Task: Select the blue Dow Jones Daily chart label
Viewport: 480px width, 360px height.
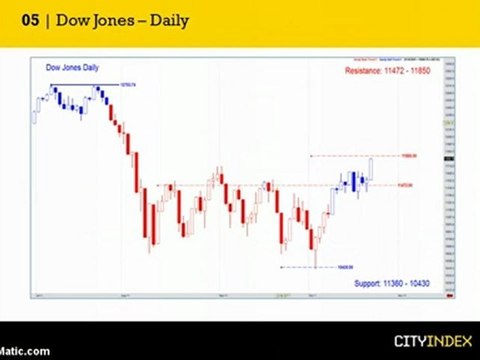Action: click(73, 67)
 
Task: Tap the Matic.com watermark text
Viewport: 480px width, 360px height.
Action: click(24, 350)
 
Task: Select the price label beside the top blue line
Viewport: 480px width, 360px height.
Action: click(128, 84)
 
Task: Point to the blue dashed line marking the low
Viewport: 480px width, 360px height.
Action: click(300, 267)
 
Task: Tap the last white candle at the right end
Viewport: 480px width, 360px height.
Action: click(371, 168)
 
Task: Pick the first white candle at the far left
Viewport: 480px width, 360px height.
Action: click(36, 112)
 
